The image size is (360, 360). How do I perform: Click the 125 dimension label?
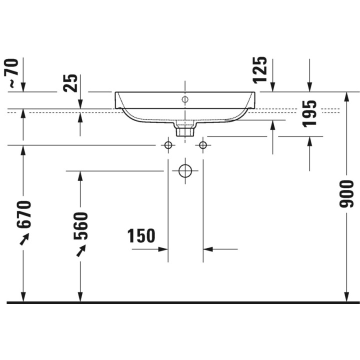260,70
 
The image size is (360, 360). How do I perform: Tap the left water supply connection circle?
168,145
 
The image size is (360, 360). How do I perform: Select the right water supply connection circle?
202,145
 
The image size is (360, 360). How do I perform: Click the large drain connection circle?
185,170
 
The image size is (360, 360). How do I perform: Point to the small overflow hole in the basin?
184,99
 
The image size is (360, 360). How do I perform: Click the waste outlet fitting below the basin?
185,129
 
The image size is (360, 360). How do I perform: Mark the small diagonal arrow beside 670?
23,240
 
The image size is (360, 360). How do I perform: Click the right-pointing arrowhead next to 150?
163,248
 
